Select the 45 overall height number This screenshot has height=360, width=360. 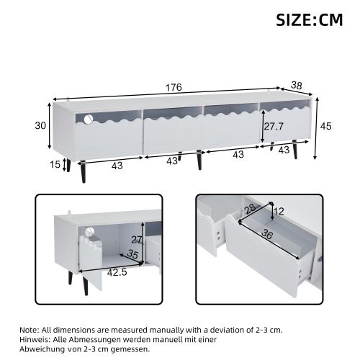click(325, 126)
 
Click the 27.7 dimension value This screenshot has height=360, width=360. click(272, 127)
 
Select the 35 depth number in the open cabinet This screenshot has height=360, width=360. click(132, 254)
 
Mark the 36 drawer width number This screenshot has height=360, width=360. click(268, 234)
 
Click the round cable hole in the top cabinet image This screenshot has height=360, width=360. click(89, 118)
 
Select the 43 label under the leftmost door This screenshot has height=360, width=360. click(117, 166)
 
